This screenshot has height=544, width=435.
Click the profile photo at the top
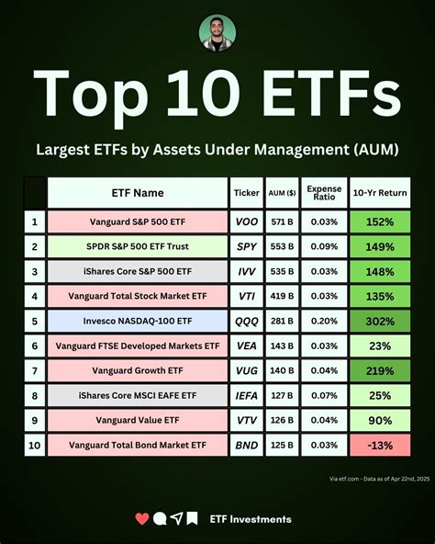point(217,34)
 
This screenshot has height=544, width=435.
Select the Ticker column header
point(246,193)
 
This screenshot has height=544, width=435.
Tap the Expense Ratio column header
point(322,193)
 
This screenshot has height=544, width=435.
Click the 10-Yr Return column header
point(380,193)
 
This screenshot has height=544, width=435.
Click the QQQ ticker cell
point(246,322)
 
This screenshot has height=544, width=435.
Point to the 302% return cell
point(380,322)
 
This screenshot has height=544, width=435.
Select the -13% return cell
point(380,446)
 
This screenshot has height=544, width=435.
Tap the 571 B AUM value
point(282,222)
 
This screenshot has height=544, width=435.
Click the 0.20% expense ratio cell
point(322,322)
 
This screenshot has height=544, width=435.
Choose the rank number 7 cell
point(35,371)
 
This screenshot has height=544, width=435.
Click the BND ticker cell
point(246,446)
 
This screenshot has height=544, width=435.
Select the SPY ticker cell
point(246,247)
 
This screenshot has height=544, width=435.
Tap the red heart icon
point(141,519)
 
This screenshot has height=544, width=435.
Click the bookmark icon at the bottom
point(192,519)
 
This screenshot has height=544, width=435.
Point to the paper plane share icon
point(175,519)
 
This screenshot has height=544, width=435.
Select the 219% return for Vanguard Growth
point(380,371)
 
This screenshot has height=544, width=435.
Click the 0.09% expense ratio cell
point(322,247)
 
